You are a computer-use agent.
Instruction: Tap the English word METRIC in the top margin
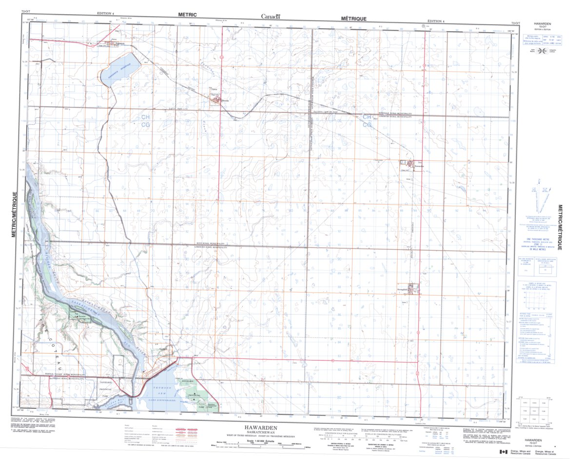point(187,15)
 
